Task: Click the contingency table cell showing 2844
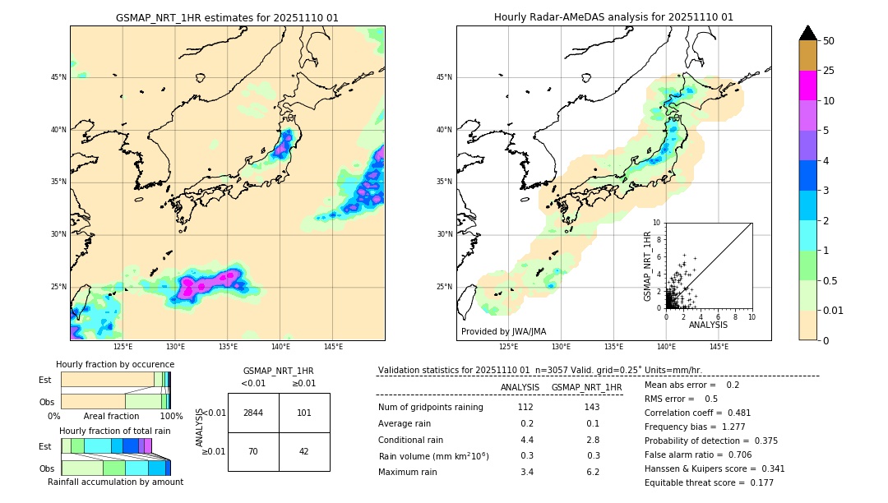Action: tap(253, 413)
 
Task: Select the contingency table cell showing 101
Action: tap(304, 413)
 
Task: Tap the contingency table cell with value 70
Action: tap(253, 451)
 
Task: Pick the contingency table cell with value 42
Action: tap(304, 451)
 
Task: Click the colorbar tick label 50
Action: tap(829, 41)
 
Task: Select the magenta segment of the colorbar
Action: tap(807, 85)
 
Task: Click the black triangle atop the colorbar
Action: tap(807, 32)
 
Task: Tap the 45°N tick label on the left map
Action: tap(58, 77)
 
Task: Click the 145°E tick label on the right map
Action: tap(719, 347)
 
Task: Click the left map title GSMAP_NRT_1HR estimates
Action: tap(227, 17)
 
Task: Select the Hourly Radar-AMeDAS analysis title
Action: tap(613, 17)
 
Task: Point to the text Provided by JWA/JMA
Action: tap(502, 332)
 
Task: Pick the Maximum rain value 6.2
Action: tap(592, 472)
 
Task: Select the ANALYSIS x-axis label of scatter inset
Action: tap(707, 325)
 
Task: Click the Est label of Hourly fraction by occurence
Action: tap(45, 380)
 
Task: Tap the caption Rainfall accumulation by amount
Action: tap(115, 482)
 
